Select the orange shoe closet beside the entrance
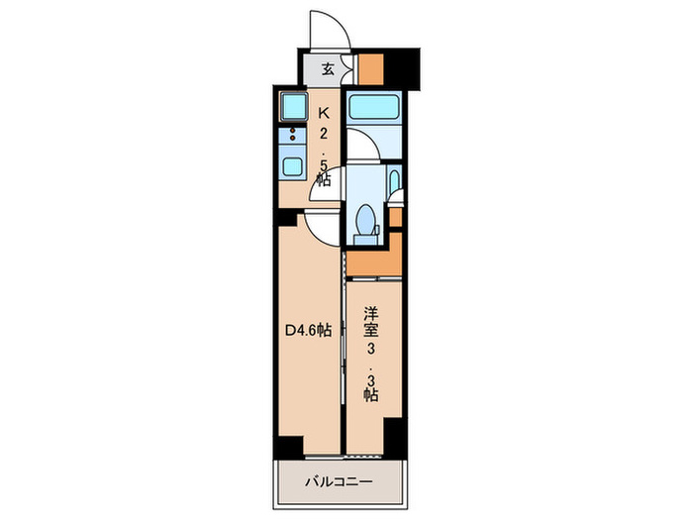coord(370,66)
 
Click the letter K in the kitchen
coord(323,114)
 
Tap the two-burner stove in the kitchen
coord(293,136)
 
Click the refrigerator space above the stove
coord(293,106)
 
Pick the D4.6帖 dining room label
coord(309,332)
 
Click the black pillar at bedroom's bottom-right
coord(395,434)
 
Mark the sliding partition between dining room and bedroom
coord(343,342)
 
